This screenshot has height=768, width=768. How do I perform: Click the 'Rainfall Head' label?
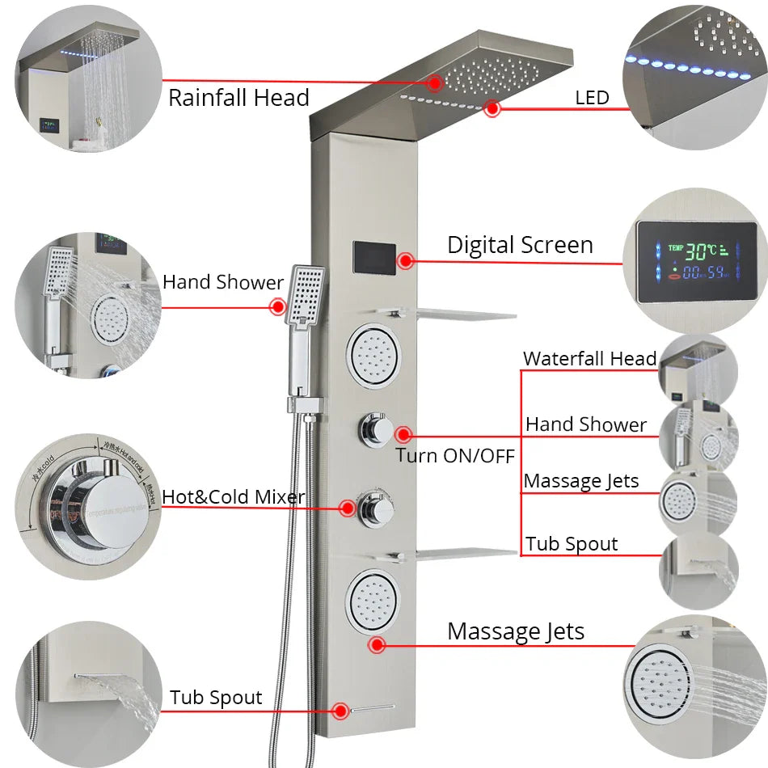pyautogui.click(x=238, y=99)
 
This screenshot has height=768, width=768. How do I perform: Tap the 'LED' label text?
pyautogui.click(x=592, y=99)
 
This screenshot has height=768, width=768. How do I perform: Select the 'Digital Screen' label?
pyautogui.click(x=520, y=245)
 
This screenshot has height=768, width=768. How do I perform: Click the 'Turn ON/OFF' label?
pyautogui.click(x=455, y=455)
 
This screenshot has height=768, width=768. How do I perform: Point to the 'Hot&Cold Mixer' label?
pyautogui.click(x=234, y=496)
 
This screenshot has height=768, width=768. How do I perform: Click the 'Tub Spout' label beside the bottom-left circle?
pyautogui.click(x=216, y=698)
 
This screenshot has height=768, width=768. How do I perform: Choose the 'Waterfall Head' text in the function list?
pyautogui.click(x=589, y=358)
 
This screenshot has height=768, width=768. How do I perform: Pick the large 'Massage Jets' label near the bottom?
pyautogui.click(x=516, y=631)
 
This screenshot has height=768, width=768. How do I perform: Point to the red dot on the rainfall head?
pyautogui.click(x=436, y=82)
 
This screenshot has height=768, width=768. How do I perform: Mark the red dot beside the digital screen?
pyautogui.click(x=406, y=260)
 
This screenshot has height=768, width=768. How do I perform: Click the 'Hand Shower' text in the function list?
pyautogui.click(x=586, y=424)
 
